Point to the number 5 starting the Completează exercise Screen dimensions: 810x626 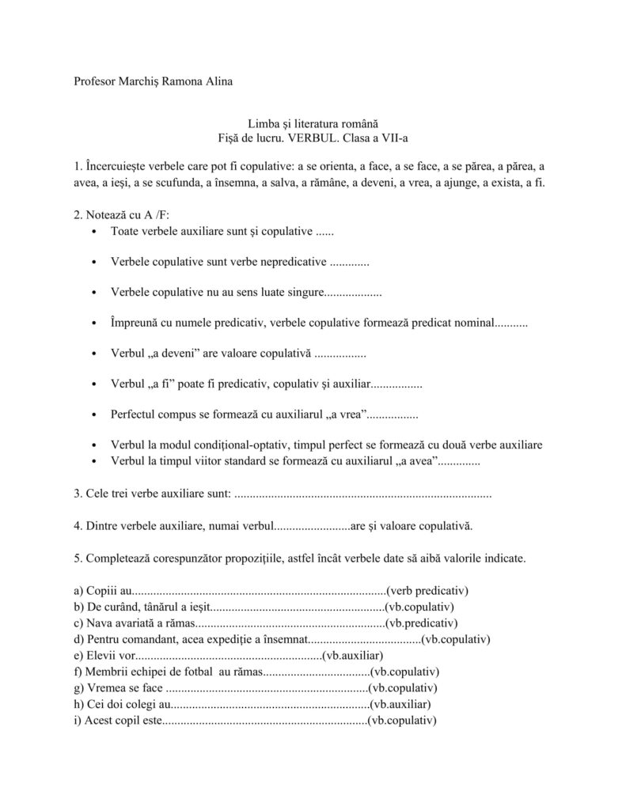click(x=77, y=558)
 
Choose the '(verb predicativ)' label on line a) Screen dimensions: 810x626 click(x=427, y=591)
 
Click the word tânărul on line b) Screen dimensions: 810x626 click(x=165, y=607)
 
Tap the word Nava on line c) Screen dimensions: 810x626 click(x=101, y=623)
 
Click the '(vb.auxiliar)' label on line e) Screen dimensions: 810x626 click(x=354, y=656)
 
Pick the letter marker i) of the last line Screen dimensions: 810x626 click(x=78, y=721)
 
